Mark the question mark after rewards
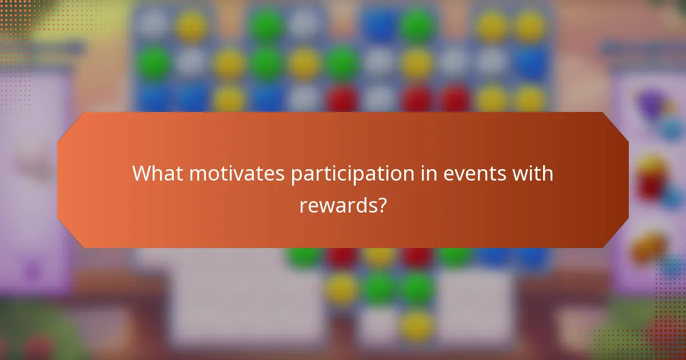pyautogui.click(x=380, y=204)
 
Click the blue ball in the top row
pyautogui.click(x=380, y=25)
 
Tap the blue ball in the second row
pyautogui.click(x=531, y=62)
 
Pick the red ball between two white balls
pyautogui.click(x=342, y=98)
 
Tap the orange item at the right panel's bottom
pyautogui.click(x=649, y=246)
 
